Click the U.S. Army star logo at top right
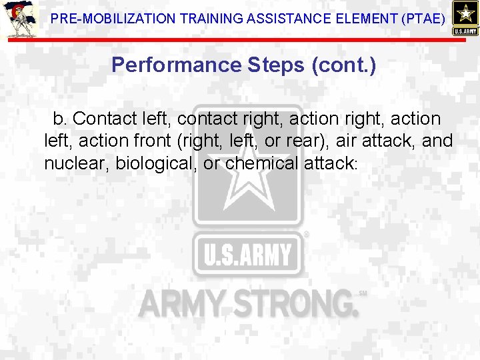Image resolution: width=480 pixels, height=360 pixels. pyautogui.click(x=465, y=17)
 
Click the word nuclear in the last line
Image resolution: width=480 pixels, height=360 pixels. pyautogui.click(x=74, y=163)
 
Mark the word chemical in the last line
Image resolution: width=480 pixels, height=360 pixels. pyautogui.click(x=261, y=163)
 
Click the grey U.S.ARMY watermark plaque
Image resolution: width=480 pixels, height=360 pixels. pyautogui.click(x=247, y=254)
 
